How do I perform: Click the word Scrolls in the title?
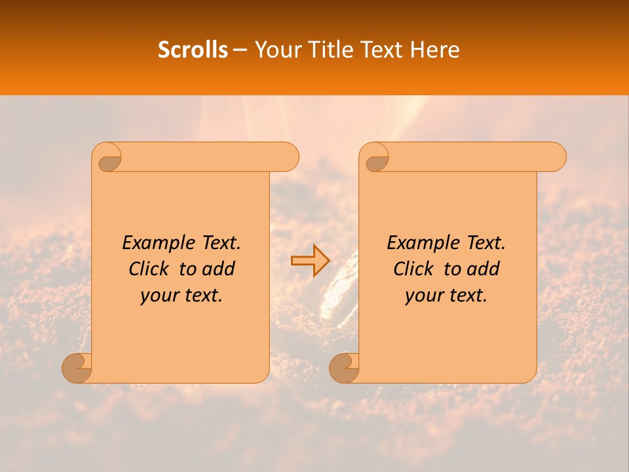point(193,50)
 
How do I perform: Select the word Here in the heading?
point(434,50)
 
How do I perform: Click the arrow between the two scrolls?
point(310,260)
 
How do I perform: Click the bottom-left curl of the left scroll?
point(76,367)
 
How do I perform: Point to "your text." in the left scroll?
point(181,296)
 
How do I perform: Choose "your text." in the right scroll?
point(446,296)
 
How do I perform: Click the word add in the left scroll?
point(218,269)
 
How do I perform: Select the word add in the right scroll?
point(483,269)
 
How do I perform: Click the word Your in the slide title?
point(275,50)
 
